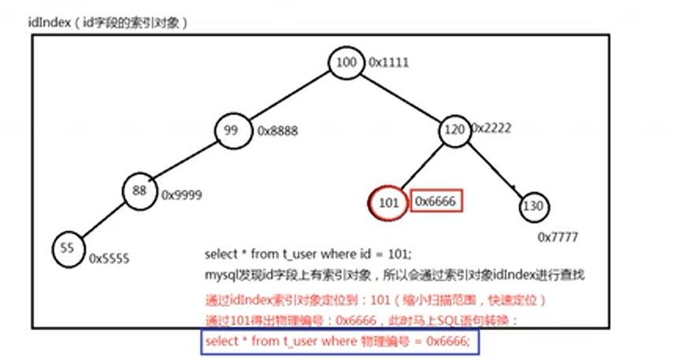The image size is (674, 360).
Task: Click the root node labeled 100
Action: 345,63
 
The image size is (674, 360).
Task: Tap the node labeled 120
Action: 454,129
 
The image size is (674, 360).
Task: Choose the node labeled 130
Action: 534,206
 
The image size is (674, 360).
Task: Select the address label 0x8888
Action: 277,132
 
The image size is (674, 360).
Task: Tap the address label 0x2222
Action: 491,127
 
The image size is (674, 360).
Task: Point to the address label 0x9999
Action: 182,195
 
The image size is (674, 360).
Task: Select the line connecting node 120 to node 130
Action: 497,167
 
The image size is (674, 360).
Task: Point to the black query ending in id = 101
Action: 308,254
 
